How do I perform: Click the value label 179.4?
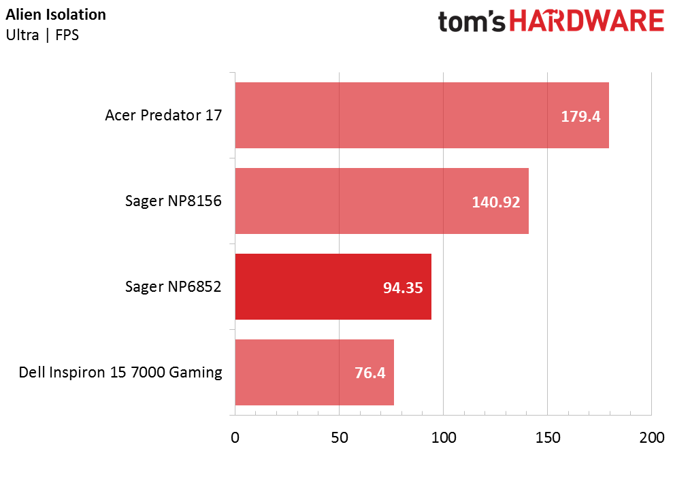(580, 116)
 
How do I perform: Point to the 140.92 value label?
(496, 202)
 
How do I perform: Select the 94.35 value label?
(403, 288)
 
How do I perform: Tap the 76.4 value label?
(370, 373)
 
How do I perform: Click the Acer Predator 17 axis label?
(163, 116)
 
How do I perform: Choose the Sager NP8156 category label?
(174, 201)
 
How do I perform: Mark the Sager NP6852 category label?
(174, 287)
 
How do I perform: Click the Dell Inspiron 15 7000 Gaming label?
(120, 373)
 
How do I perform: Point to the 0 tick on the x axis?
(235, 438)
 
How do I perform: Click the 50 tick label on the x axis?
(339, 438)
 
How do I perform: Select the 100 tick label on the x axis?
(443, 438)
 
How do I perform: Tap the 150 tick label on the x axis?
(547, 438)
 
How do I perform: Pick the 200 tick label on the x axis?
(651, 438)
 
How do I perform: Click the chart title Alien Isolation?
(56, 15)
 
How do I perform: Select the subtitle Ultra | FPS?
(42, 35)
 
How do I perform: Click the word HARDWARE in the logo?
(587, 21)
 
